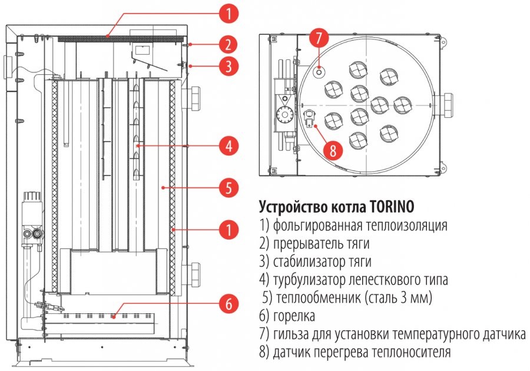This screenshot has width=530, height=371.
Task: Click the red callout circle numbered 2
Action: point(228,44)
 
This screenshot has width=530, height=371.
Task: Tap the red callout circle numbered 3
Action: point(228,66)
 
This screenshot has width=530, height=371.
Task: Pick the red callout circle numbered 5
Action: point(228,188)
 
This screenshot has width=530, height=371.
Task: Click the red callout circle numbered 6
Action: point(228,304)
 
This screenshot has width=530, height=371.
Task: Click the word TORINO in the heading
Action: point(392,207)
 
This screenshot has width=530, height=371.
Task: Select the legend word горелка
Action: point(293,316)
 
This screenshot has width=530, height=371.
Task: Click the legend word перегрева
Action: point(349,352)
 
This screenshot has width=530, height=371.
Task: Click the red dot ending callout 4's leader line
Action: point(138,144)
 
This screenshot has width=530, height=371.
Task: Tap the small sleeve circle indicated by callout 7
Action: point(319,71)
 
